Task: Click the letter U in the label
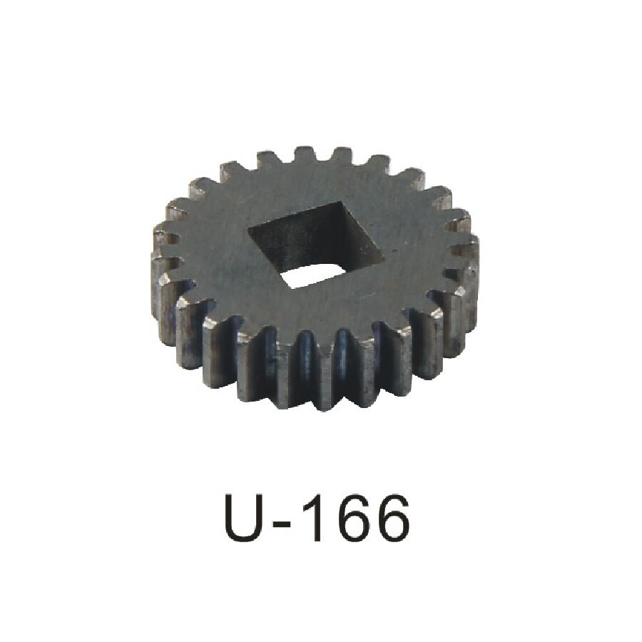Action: (x=248, y=518)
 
